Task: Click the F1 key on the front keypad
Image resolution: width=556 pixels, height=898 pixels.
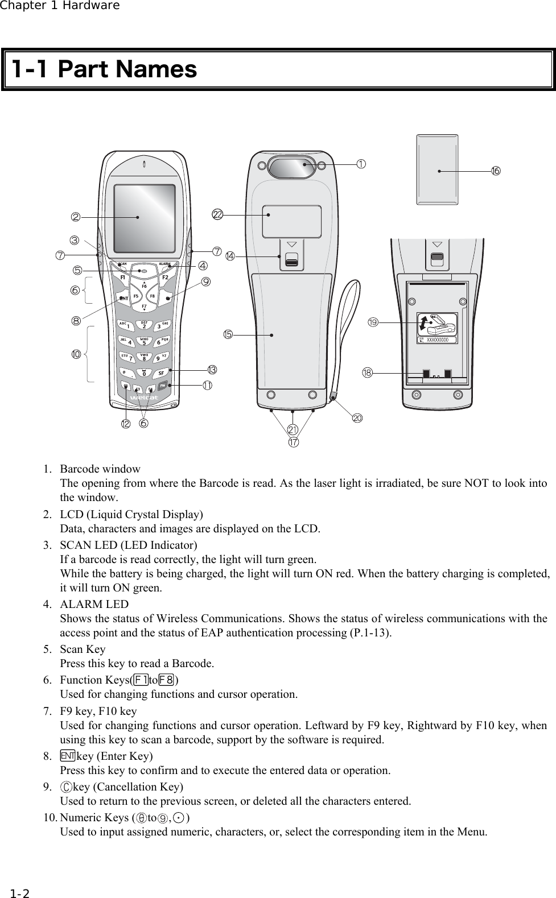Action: (121, 278)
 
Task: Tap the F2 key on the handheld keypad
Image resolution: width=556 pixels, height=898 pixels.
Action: (165, 278)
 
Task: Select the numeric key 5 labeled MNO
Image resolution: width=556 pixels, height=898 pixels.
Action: (144, 342)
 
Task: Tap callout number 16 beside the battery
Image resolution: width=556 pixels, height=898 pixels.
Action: (496, 171)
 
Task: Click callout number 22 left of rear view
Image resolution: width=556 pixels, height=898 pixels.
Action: (217, 214)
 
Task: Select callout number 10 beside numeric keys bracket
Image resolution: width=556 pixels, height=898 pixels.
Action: (76, 354)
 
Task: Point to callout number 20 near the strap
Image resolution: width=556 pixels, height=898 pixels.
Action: (357, 418)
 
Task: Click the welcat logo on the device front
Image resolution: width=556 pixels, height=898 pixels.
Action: (145, 398)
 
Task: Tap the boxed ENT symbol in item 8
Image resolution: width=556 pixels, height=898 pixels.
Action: (67, 756)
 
